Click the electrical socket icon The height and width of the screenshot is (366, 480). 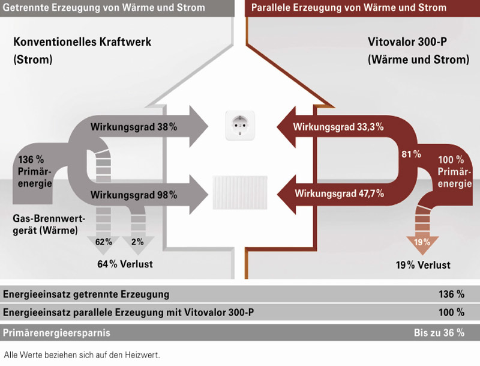240,126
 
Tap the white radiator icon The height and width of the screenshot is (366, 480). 240,192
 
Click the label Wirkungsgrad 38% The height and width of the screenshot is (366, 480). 134,127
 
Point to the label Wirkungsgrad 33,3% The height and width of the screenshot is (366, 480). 338,127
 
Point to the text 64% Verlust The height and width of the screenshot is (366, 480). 125,264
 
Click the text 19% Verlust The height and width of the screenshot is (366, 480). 422,265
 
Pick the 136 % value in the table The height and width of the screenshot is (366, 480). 452,294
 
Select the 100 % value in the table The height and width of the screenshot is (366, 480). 452,313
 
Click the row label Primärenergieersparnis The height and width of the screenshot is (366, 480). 56,332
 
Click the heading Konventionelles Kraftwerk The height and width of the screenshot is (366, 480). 82,43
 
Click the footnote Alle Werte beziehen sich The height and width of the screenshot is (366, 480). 82,355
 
